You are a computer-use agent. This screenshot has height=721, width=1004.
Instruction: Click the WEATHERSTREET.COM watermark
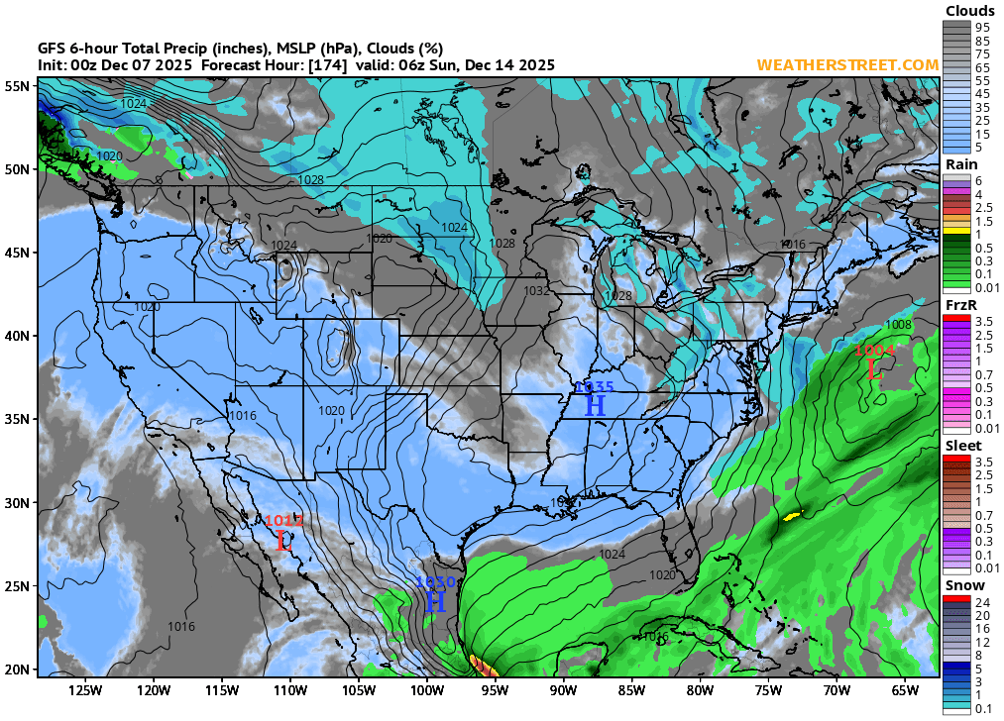pos(847,64)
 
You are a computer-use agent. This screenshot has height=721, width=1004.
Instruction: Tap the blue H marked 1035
pos(595,404)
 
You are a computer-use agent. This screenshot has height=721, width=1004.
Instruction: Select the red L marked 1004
pos(873,369)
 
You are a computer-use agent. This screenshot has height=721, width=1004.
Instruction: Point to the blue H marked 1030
pos(435,600)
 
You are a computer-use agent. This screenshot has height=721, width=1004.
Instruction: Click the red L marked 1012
pos(283,540)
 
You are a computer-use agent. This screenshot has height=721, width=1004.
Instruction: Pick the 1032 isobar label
pos(536,291)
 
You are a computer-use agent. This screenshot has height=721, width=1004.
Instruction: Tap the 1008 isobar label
pos(898,325)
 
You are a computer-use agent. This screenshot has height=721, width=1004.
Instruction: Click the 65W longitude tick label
pos(904,690)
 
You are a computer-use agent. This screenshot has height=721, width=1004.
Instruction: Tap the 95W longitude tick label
pos(495,690)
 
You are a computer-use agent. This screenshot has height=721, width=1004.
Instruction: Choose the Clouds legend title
pos(969,11)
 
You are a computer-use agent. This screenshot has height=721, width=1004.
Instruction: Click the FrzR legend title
pos(960,305)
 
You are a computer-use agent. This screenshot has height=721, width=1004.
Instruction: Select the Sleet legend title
pos(963,446)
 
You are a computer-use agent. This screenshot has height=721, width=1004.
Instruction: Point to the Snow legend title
pos(963,585)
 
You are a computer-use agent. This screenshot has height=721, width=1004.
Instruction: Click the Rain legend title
pos(961,164)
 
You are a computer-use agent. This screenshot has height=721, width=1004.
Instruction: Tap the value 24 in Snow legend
pos(981,601)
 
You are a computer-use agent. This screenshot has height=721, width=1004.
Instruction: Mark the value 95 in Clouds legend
pos(981,27)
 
